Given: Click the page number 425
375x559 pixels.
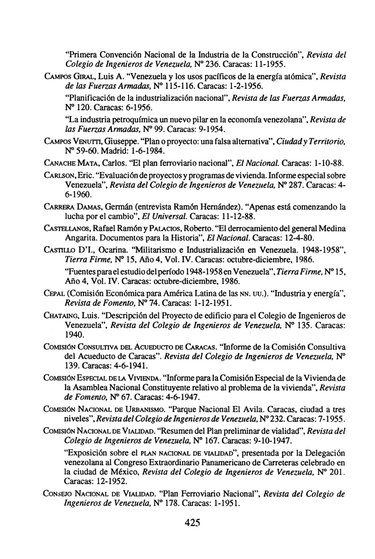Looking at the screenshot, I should coord(192,522).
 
